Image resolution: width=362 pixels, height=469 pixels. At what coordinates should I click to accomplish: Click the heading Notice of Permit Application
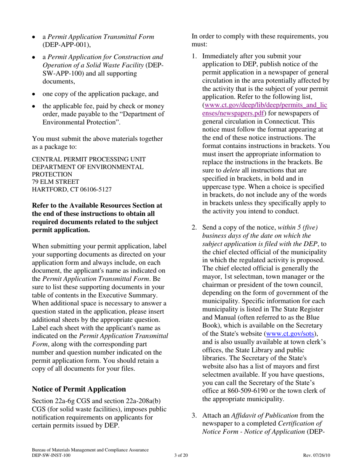point(79,389)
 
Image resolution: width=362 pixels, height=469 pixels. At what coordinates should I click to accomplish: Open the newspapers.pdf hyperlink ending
point(233,113)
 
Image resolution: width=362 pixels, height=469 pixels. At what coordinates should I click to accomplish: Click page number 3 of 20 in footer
point(181,455)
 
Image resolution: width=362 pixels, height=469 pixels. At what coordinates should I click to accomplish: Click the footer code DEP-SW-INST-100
point(51,455)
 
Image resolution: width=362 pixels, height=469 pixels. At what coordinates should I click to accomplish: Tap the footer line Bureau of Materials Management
point(90,450)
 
